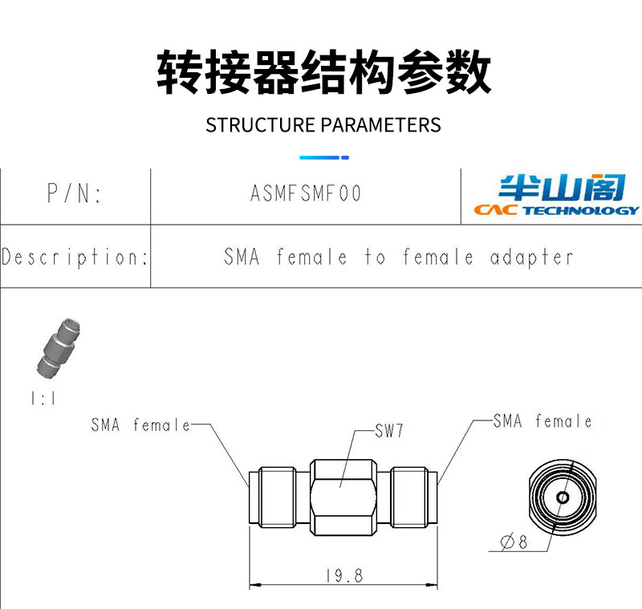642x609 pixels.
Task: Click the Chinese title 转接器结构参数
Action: (x=323, y=73)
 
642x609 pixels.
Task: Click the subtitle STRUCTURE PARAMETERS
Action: (x=323, y=125)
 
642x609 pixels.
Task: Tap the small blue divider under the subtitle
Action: (x=323, y=157)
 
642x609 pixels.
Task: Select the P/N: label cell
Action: (x=75, y=194)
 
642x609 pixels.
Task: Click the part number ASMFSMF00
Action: (x=306, y=194)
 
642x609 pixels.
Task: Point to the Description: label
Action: (x=75, y=258)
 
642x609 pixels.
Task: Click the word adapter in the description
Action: (x=531, y=258)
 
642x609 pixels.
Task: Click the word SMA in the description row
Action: (x=242, y=258)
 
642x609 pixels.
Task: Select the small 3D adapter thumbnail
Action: (x=57, y=349)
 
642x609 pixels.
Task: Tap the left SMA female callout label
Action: (x=140, y=425)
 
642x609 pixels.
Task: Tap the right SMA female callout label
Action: (x=542, y=421)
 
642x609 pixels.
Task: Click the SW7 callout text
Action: (x=388, y=431)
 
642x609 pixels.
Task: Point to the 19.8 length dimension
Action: (x=344, y=575)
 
